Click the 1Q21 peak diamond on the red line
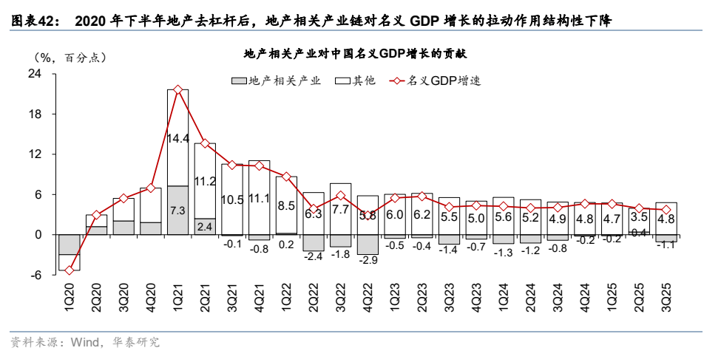coord(178,90)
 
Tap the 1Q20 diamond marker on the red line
coord(70,270)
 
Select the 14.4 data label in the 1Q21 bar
coord(178,138)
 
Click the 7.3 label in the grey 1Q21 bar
coord(178,211)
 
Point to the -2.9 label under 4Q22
coord(368,260)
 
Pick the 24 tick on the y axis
coord(35,74)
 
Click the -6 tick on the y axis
coord(35,275)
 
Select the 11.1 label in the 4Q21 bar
coord(259,198)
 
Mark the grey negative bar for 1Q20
coord(70,245)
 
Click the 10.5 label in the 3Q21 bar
coord(232,199)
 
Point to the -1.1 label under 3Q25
coord(666,245)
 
